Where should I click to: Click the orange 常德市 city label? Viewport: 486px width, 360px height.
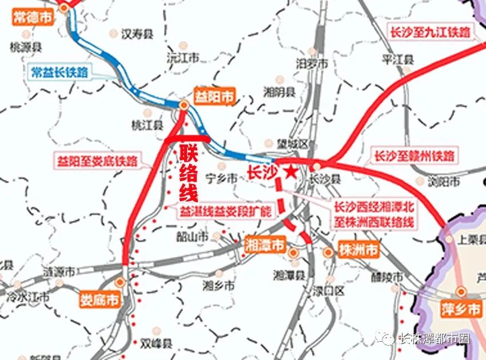pos(31,18)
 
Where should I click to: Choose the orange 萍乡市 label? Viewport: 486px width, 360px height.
pos(461,310)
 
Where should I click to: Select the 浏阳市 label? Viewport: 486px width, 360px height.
pos(444,182)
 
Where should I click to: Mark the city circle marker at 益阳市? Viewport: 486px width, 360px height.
pos(184,105)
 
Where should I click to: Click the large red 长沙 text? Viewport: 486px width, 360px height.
pos(262,171)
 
